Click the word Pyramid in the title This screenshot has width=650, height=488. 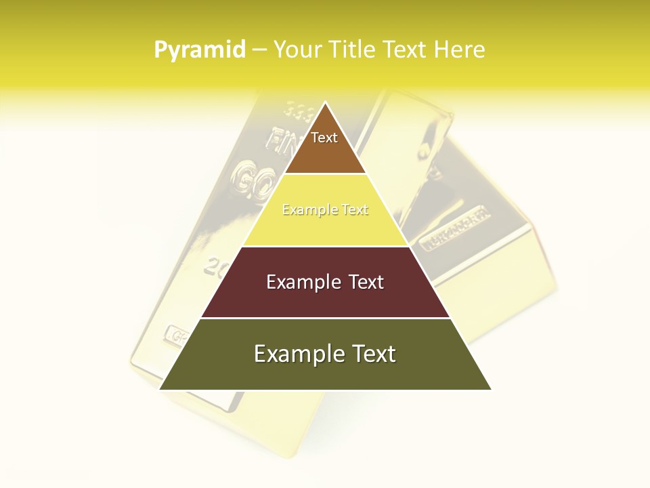(x=200, y=49)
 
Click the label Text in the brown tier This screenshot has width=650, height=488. (x=324, y=138)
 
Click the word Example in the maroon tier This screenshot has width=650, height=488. (x=302, y=282)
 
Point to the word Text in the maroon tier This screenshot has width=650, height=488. (x=366, y=282)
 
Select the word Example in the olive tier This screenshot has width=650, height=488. (x=297, y=354)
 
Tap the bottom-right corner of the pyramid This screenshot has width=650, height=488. (x=490, y=389)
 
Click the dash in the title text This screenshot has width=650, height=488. (x=259, y=49)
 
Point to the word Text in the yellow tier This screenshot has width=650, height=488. (x=355, y=210)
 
